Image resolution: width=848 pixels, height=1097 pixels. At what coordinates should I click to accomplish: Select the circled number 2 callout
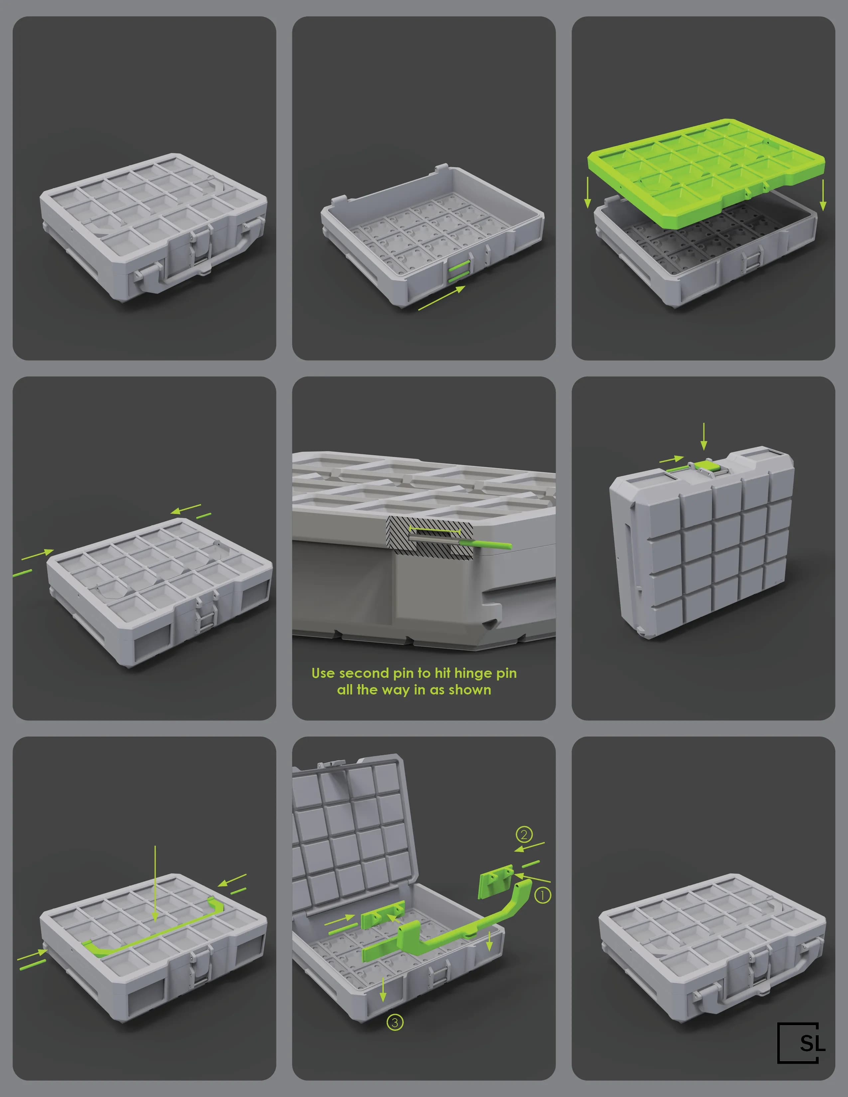524,834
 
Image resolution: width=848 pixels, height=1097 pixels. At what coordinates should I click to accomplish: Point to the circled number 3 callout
395,1022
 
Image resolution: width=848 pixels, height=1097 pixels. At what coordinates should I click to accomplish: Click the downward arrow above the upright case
704,436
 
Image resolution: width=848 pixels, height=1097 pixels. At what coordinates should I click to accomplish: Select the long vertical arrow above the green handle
155,884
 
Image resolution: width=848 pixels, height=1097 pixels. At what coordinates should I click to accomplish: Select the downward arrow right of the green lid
823,195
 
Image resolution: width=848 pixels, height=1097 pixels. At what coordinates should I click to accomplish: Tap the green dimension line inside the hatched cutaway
435,530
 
